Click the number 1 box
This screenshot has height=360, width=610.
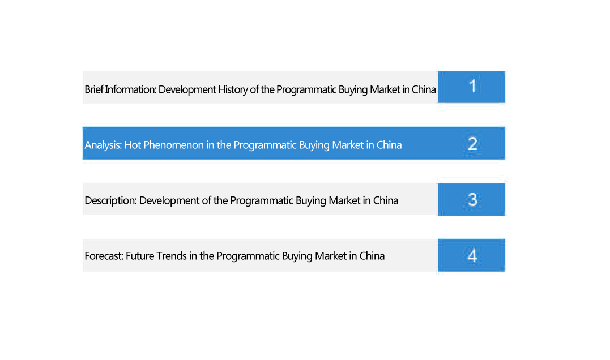[x=471, y=87]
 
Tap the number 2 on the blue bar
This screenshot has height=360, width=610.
[x=473, y=144]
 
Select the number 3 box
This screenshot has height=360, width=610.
[x=471, y=199]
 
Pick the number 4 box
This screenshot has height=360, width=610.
[x=471, y=255]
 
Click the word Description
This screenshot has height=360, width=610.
[x=110, y=200]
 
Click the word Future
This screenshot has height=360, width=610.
[x=140, y=256]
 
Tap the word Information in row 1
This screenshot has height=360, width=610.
[x=131, y=89]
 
